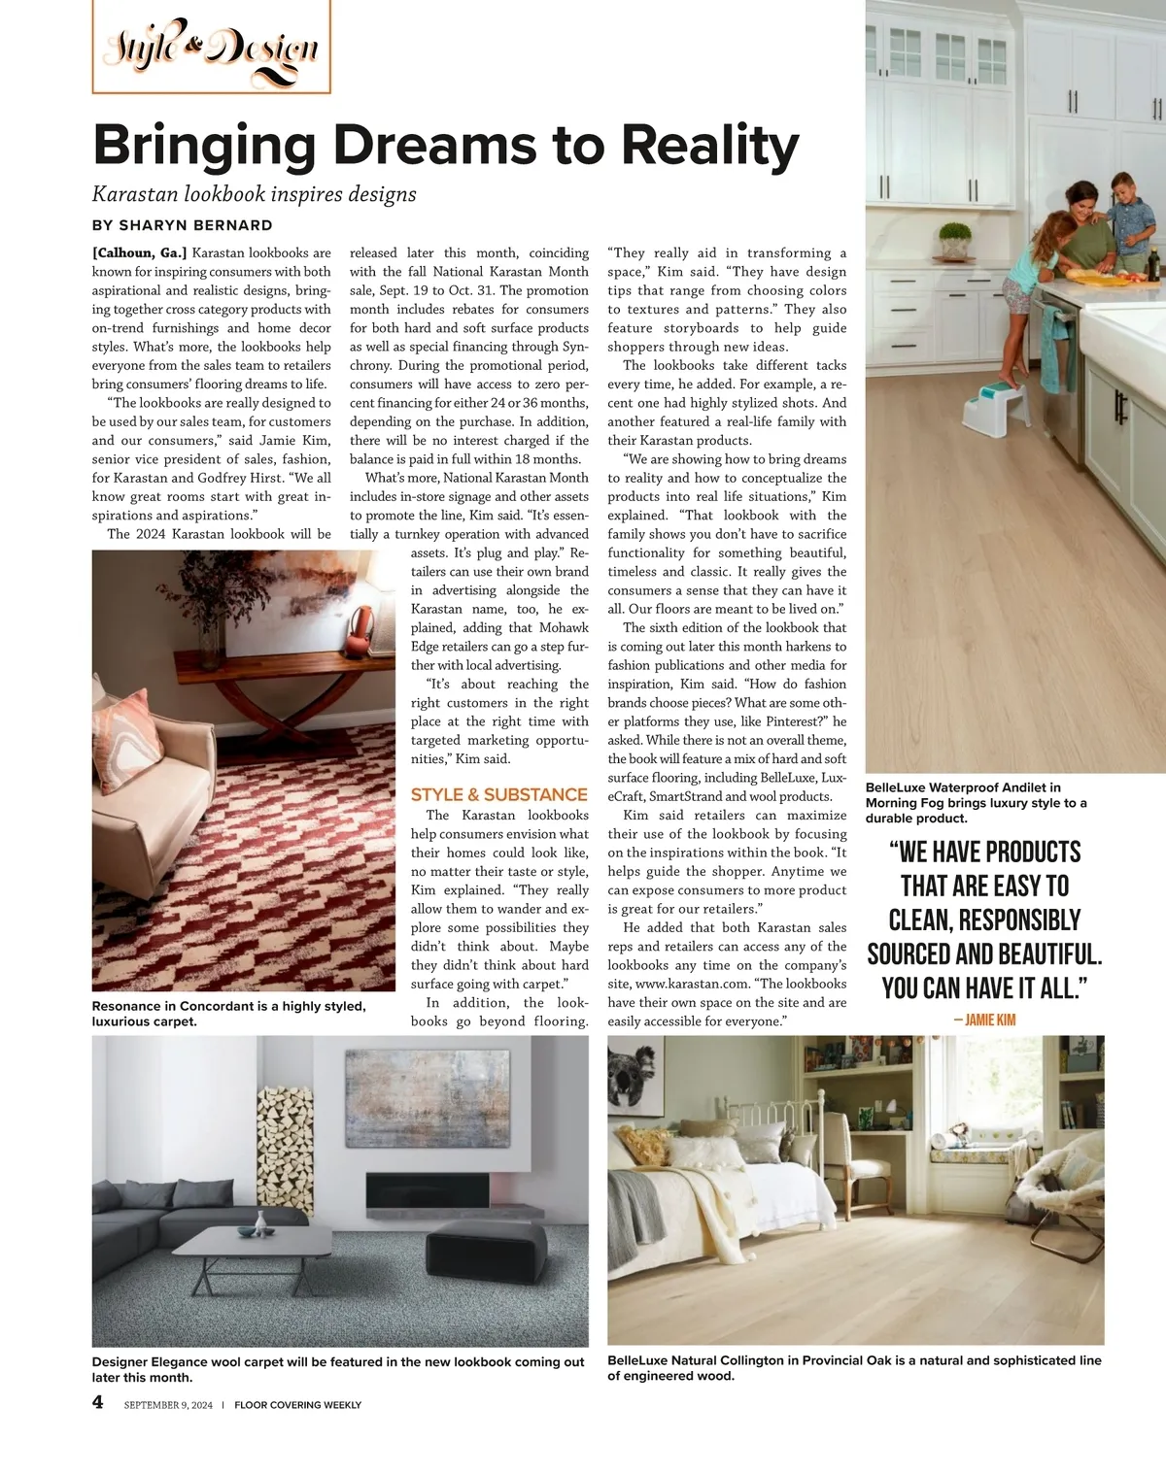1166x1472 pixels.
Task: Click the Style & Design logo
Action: click(x=211, y=47)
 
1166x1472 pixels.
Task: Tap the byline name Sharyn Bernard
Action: click(x=195, y=225)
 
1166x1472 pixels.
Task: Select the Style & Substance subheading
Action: click(x=498, y=794)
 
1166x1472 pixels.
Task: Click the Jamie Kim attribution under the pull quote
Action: click(x=984, y=1020)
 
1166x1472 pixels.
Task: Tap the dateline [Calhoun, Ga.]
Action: click(x=139, y=253)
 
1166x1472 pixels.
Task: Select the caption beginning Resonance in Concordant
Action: click(x=228, y=1014)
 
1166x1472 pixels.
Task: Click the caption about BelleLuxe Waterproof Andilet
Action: click(x=977, y=803)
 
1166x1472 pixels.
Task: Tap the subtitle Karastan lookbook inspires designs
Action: click(x=255, y=194)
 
